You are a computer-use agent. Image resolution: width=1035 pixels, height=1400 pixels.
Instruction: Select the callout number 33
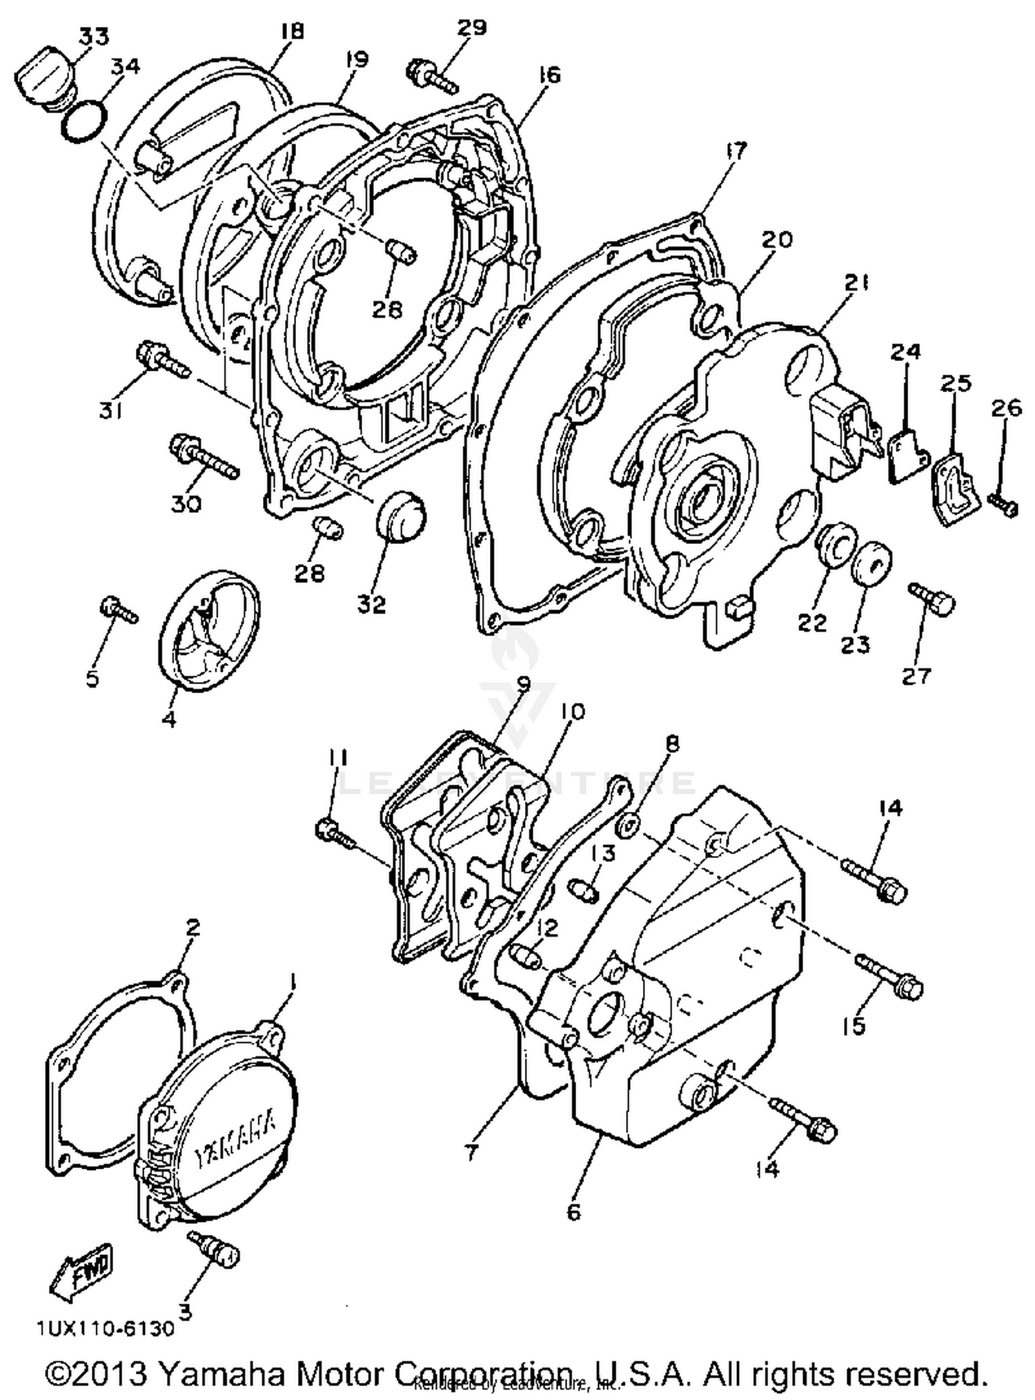pyautogui.click(x=95, y=36)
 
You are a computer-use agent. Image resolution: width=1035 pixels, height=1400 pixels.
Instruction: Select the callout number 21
pyautogui.click(x=856, y=283)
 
